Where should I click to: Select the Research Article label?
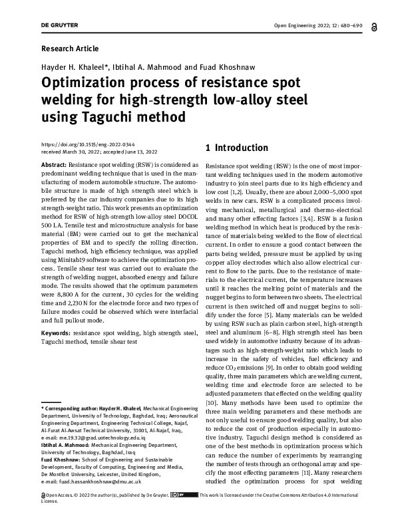tap(70, 49)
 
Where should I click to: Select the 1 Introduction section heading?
tap(237, 148)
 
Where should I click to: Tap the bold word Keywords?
tap(57, 332)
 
